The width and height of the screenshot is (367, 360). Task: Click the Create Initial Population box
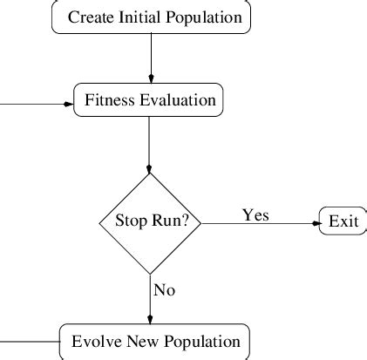[x=152, y=17]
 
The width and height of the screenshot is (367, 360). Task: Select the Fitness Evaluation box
[x=149, y=100]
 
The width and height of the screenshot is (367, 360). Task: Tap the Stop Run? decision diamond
[x=151, y=222]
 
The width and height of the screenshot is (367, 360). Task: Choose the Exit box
[x=343, y=221]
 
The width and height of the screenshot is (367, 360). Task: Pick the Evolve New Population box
[x=155, y=341]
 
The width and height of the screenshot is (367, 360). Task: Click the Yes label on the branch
[x=255, y=214]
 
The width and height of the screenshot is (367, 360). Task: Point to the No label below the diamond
[x=164, y=290]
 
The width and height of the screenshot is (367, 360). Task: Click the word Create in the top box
[x=90, y=17]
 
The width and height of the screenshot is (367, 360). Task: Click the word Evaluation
[x=177, y=100]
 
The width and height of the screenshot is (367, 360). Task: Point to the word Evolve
[x=93, y=341]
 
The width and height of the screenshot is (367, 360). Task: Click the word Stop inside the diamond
[x=131, y=221]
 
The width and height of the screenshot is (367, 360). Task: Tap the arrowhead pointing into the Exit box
[x=316, y=222]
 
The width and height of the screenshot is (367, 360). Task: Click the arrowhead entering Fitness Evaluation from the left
[x=69, y=104]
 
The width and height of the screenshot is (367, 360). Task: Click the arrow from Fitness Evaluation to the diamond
[x=150, y=139]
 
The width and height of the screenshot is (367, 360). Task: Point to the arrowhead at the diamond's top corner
[x=150, y=168]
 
